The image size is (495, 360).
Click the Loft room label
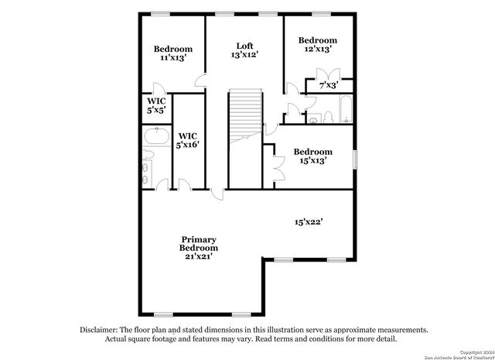(244, 46)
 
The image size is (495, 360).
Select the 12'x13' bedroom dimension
(318, 50)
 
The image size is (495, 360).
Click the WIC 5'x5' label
(155, 105)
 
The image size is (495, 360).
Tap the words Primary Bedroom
(198, 244)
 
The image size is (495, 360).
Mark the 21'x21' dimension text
(198, 256)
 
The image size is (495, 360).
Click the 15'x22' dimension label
(307, 221)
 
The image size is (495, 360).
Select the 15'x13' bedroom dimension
(313, 161)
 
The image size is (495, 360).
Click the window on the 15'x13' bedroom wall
(355, 158)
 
